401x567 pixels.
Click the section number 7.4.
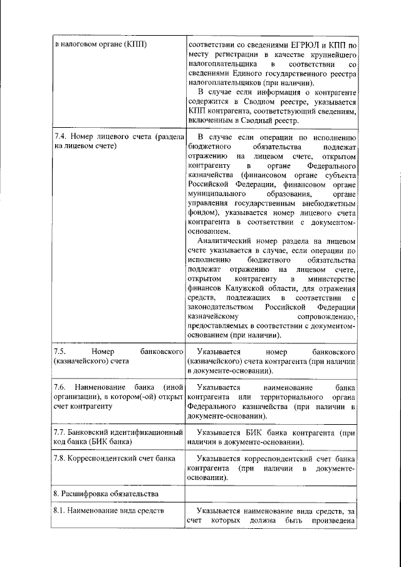(x=61, y=137)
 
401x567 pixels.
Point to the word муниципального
(x=215, y=194)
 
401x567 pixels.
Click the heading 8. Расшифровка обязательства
(x=105, y=494)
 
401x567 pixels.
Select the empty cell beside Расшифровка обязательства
(x=271, y=494)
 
